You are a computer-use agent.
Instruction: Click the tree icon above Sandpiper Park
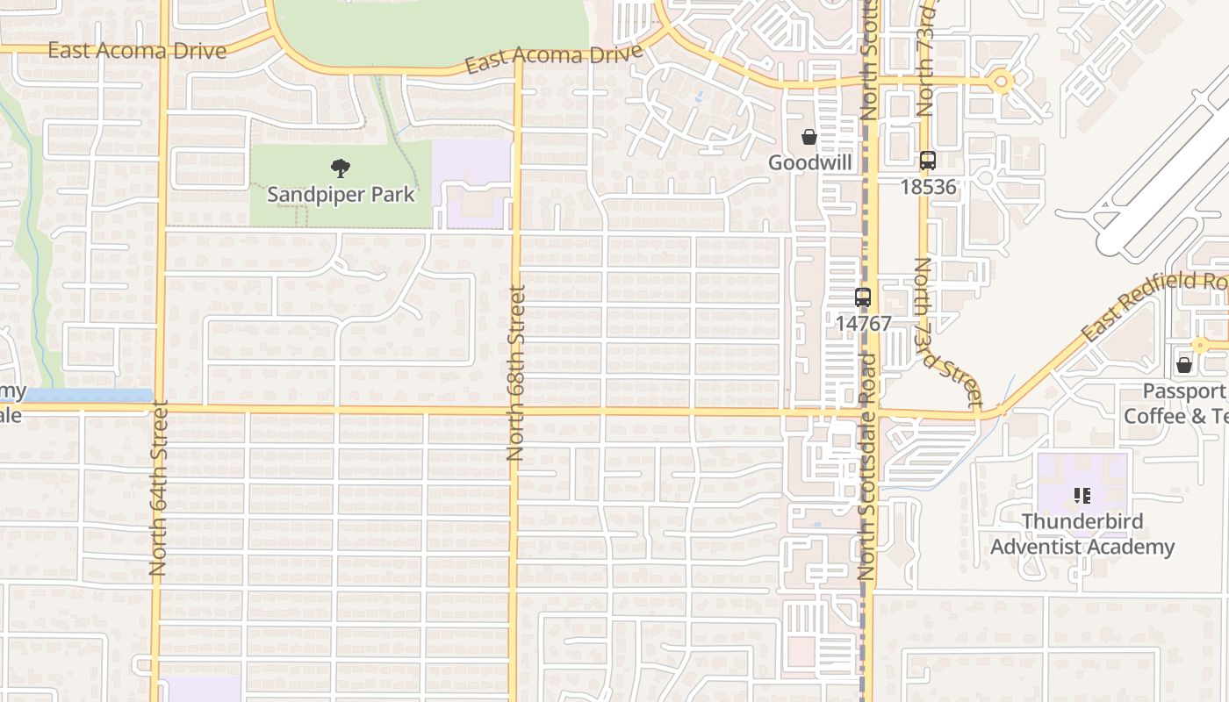coord(341,168)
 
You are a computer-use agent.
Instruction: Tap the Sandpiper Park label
coord(341,194)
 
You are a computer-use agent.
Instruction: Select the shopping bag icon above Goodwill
coord(809,137)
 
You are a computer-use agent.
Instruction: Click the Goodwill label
coord(810,162)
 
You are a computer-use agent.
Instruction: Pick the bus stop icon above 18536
coord(928,161)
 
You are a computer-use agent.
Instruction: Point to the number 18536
coord(928,186)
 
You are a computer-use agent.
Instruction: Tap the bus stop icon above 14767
coord(863,297)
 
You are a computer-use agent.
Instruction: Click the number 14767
coord(863,323)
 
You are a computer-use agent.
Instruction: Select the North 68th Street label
coord(515,373)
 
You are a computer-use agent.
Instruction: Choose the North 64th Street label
coord(159,488)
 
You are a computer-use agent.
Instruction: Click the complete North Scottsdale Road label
coord(867,466)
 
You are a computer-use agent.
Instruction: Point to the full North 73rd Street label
coord(948,333)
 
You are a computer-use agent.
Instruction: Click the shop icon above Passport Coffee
coord(1184,364)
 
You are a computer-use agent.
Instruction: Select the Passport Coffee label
coord(1176,403)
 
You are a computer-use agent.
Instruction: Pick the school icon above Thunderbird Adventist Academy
coord(1082,496)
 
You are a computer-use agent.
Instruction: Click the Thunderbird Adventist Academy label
coord(1082,534)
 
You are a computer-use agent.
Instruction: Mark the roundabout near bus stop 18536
coord(1001,82)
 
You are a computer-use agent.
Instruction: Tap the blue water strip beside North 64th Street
coord(88,396)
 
